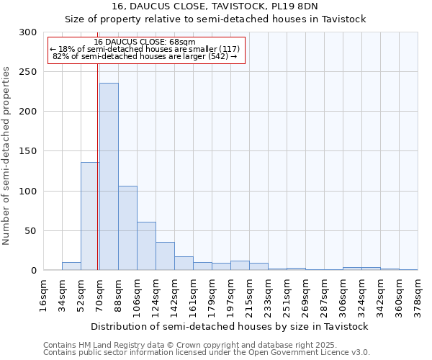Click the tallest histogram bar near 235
point(109,176)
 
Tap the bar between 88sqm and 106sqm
point(127,228)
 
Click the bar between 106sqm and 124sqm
point(146,246)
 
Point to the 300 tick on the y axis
point(28,32)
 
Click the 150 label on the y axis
point(28,151)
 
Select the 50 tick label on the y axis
point(31,231)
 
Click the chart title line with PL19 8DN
point(215,6)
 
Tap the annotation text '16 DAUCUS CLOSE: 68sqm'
point(145,42)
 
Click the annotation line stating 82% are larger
point(145,56)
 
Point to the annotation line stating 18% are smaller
point(145,49)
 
